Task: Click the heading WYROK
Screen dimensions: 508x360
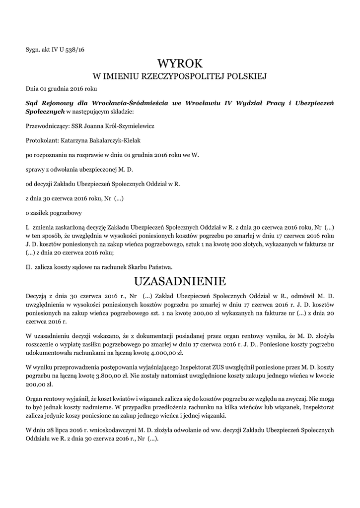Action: click(x=180, y=63)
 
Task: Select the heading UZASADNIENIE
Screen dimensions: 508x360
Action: click(x=180, y=281)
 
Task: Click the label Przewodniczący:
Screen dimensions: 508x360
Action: click(x=47, y=127)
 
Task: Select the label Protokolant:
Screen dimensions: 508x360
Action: click(x=41, y=141)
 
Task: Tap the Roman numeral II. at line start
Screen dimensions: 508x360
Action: click(x=29, y=266)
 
